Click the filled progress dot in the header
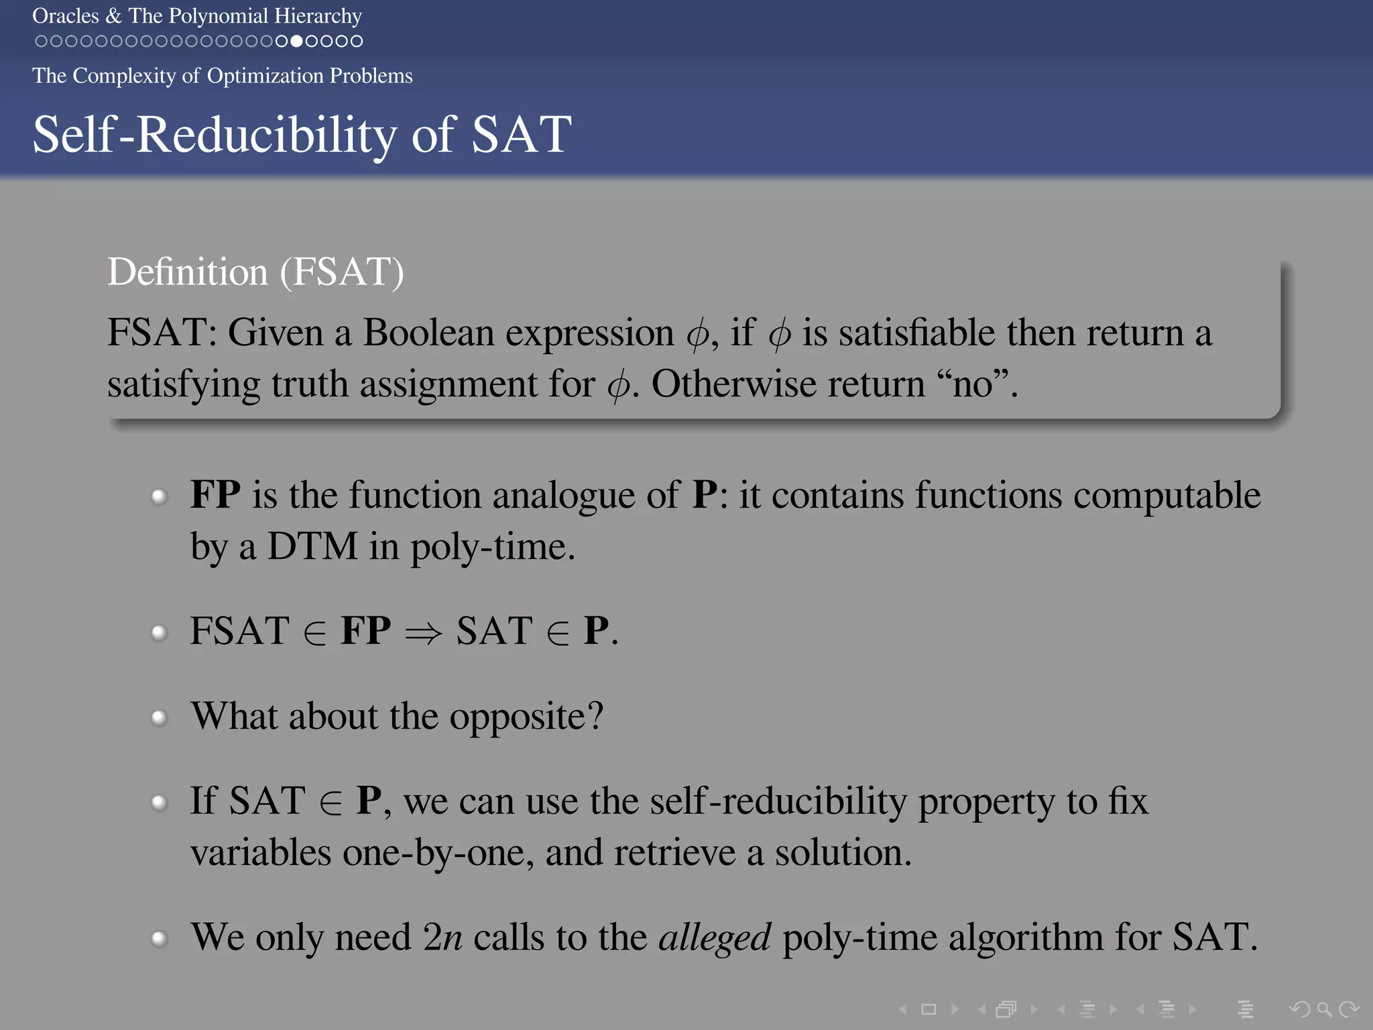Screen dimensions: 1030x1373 [x=296, y=42]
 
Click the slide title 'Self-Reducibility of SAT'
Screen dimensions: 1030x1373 [x=302, y=134]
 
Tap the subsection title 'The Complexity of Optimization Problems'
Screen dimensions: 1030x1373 [x=222, y=76]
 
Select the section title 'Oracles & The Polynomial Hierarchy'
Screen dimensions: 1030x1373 [x=197, y=15]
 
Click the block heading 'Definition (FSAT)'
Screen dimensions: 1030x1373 [x=255, y=272]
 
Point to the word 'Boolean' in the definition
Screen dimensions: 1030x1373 [x=428, y=333]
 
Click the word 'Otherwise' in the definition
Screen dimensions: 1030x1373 [x=734, y=384]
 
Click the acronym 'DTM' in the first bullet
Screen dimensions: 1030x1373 [x=312, y=547]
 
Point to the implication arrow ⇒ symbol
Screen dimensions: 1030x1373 [x=424, y=632]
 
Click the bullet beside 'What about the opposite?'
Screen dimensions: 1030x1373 [x=159, y=718]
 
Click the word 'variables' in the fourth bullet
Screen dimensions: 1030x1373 [x=261, y=853]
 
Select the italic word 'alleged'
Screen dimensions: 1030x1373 [x=715, y=937]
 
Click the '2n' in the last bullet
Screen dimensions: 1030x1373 [x=442, y=937]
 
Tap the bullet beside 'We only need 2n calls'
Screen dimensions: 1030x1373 [x=159, y=938]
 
